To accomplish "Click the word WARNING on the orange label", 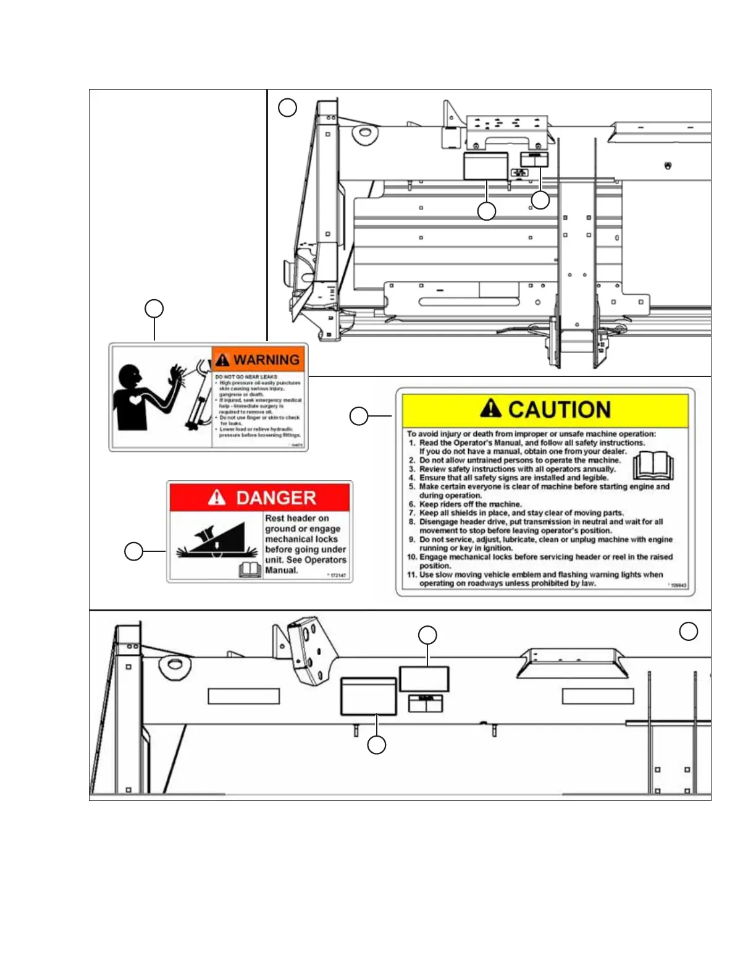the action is pos(266,360).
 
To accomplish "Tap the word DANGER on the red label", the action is pos(275,498).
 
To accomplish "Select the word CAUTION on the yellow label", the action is pos(559,409).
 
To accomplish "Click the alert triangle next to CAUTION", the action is pos(491,409).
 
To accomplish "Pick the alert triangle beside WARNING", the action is pos(223,360).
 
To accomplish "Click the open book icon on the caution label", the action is pos(653,466).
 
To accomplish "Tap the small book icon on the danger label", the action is pos(250,570).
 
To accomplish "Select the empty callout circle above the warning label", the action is pos(154,308).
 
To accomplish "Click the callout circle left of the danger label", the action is pos(134,551).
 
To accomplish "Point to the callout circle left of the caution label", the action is pos(359,416).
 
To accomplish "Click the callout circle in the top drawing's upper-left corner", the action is pos(287,108).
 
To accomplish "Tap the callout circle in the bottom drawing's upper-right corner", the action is pos(689,631).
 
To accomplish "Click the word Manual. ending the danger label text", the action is pos(282,570).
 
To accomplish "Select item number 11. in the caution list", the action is pos(412,574).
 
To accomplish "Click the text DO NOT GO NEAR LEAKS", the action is pos(246,376).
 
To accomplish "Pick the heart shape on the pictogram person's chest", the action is pos(135,400).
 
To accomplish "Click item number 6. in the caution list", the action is pos(412,504).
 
